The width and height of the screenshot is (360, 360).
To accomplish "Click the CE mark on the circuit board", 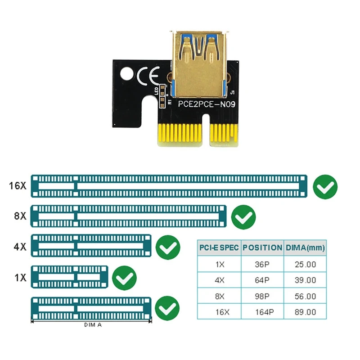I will pos(148,76).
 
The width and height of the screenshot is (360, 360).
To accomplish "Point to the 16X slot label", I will pos(18,185).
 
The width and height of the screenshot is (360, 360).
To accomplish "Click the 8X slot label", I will pos(20,216).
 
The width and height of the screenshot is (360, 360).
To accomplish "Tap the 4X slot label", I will pos(20,246).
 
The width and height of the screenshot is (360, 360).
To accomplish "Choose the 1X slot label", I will pos(20,277).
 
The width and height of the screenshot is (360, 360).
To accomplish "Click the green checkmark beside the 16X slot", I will pos(325,187).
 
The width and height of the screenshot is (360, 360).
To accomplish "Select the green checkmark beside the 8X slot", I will pos(243,217).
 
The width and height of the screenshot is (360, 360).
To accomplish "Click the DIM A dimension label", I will pos(93,324).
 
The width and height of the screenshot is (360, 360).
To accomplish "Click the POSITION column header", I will pos(262,247).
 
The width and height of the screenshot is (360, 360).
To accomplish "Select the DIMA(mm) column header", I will pos(305,247).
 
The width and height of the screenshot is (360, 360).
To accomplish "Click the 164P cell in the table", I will pos(262,312).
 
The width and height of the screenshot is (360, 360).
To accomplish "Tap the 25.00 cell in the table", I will pos(305,264).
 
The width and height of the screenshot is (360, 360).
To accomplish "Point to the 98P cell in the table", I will pos(262,296).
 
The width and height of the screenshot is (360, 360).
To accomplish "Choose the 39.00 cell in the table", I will pos(305,280).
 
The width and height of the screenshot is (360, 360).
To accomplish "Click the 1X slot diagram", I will pos(69,277).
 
